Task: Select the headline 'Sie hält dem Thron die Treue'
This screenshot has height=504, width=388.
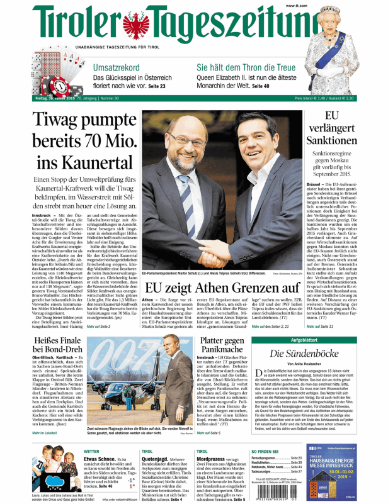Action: pyautogui.click(x=246, y=68)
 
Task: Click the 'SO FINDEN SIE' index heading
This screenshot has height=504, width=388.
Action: pyautogui.click(x=265, y=451)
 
